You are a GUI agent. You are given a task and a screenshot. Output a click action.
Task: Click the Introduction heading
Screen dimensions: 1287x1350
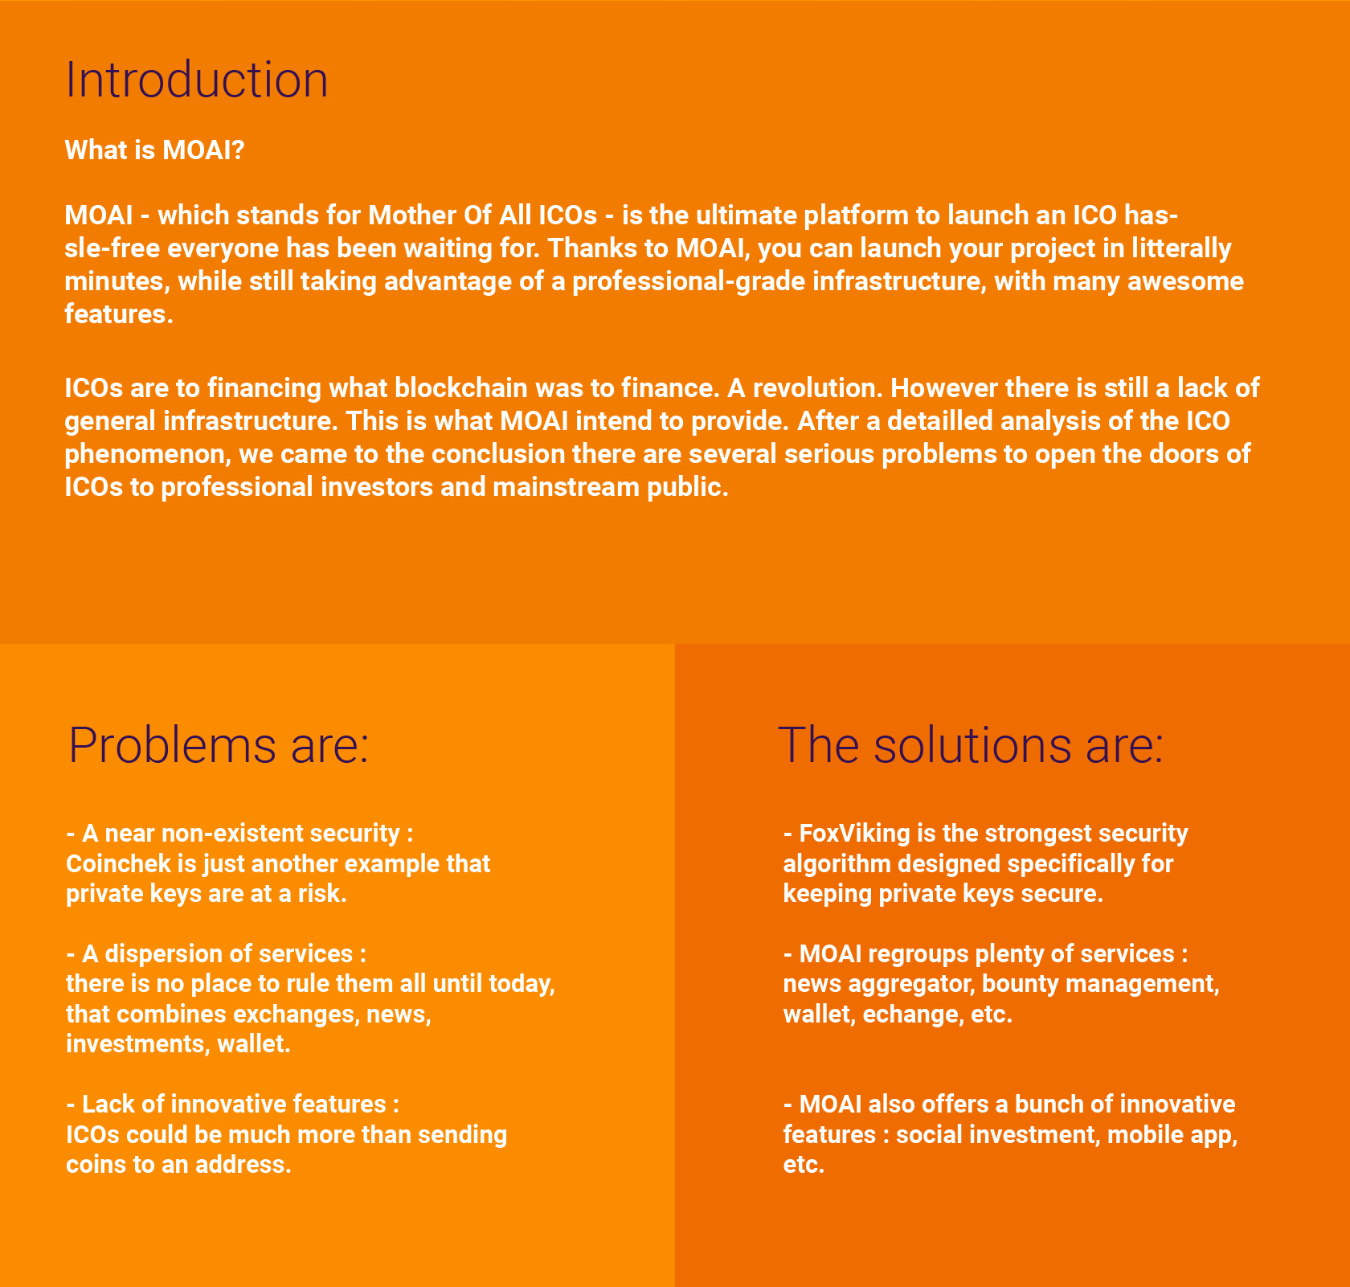[196, 80]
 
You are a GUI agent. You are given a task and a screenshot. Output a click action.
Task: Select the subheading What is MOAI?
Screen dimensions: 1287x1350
[154, 150]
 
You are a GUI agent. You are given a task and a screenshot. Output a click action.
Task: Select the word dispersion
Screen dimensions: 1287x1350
[164, 954]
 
